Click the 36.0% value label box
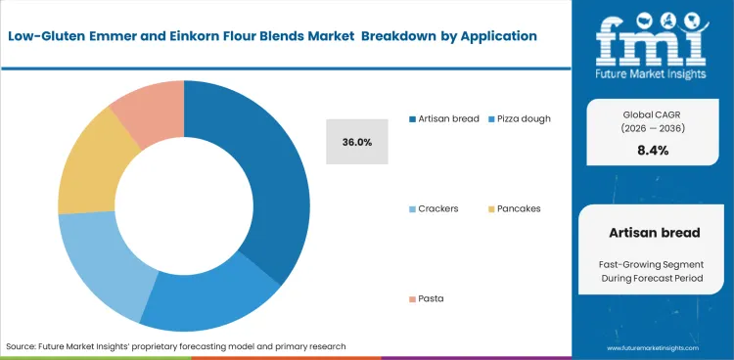point(356,142)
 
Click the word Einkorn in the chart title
point(196,35)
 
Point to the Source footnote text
point(176,346)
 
